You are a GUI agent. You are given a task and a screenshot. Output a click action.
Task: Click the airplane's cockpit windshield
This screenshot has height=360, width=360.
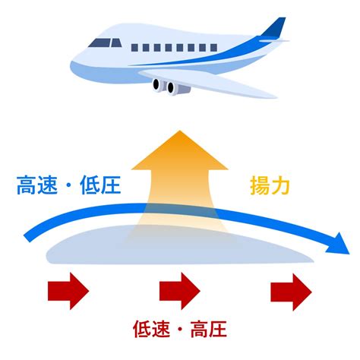105,43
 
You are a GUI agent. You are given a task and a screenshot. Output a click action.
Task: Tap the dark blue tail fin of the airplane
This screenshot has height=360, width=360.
275,27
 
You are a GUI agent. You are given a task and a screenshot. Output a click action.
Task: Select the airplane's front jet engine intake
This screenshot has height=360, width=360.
156,85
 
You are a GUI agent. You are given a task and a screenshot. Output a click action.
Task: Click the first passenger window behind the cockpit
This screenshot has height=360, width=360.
134,48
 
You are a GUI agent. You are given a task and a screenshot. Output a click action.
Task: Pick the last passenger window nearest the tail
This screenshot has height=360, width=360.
213,48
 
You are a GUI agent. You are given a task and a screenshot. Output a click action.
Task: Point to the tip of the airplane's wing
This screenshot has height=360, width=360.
276,96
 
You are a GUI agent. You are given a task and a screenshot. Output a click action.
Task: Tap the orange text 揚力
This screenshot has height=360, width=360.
270,186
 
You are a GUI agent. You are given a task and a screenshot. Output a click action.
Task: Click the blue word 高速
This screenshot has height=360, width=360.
37,185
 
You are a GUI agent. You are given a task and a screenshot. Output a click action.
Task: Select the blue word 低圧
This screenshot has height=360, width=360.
100,185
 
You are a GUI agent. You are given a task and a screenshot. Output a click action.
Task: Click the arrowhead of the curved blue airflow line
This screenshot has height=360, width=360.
338,244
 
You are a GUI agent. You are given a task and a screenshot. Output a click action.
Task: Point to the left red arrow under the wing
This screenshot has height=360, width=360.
68,291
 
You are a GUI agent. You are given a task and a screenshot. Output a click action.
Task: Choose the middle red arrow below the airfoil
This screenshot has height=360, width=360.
180,291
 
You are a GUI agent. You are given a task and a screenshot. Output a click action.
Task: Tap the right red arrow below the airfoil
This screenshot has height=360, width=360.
291,292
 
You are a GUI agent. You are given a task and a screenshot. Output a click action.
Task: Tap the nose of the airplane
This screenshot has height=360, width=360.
72,65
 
